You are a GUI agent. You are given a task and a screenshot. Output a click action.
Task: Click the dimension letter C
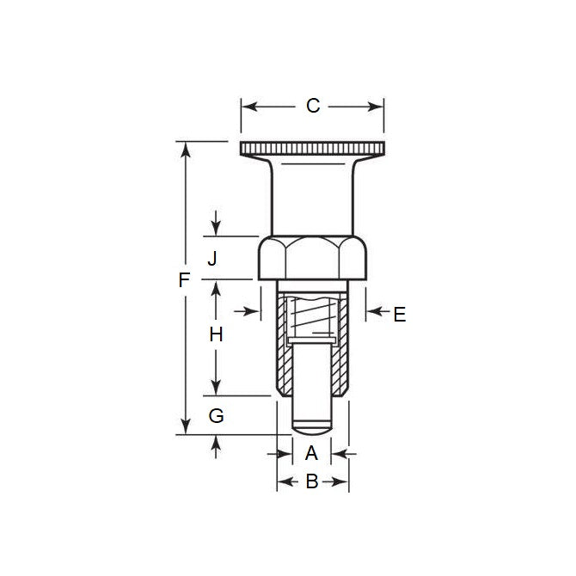tap(313, 106)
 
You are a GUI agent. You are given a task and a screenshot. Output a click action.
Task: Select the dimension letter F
tap(182, 280)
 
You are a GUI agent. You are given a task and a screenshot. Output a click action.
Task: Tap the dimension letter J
tap(214, 258)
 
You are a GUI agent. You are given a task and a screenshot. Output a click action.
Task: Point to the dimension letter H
tap(216, 336)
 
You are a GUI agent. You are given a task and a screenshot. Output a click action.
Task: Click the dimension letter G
tap(217, 416)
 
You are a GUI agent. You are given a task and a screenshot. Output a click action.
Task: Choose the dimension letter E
tap(399, 315)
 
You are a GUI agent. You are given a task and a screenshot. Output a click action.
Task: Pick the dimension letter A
tap(311, 452)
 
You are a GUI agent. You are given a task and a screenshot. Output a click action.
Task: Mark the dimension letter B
tap(312, 482)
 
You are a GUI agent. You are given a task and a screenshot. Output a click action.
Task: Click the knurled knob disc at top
tap(313, 151)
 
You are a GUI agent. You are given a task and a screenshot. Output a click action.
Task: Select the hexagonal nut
tap(313, 258)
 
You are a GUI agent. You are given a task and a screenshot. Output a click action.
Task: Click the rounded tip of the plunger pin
tap(312, 424)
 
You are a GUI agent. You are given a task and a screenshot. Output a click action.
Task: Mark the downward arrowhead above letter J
tap(216, 230)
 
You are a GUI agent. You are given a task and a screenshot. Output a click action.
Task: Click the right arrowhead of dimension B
tap(343, 482)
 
